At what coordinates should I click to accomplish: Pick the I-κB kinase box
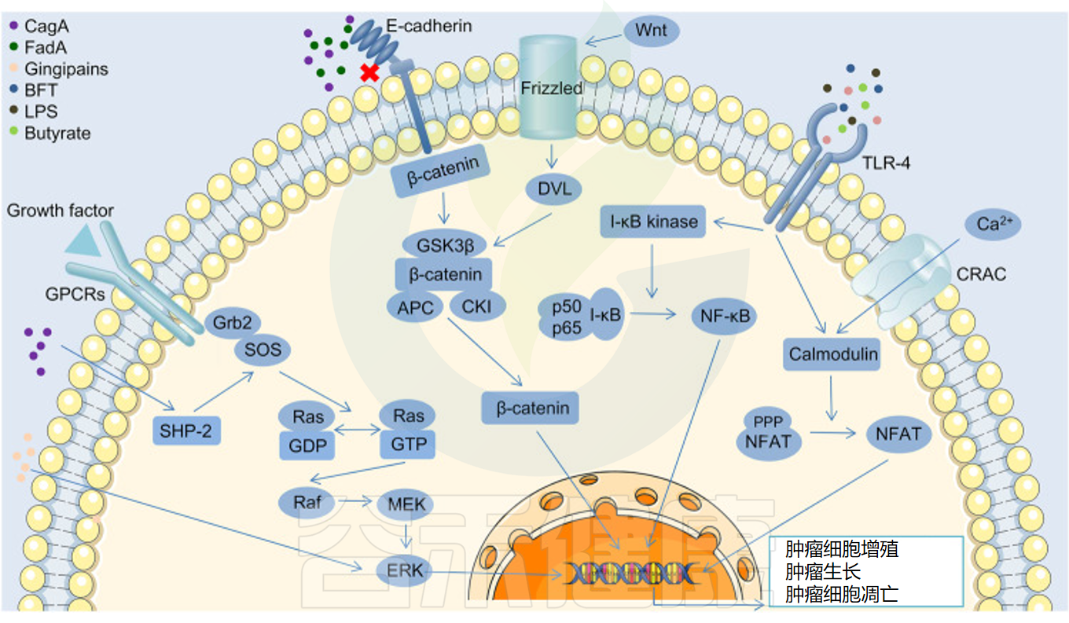[653, 222]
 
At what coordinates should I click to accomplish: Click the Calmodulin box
[832, 355]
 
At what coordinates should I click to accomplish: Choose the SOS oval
[263, 350]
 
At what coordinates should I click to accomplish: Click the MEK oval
[406, 504]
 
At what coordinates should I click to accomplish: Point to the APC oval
[416, 307]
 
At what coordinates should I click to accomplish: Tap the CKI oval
[477, 306]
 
